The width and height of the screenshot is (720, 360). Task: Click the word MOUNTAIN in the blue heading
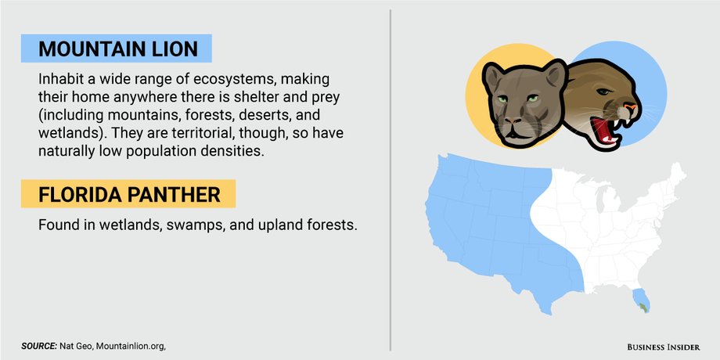(x=94, y=49)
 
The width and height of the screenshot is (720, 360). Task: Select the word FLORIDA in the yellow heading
(x=78, y=194)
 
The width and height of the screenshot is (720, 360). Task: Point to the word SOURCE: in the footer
(x=39, y=346)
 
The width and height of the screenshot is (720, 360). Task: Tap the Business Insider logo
(x=664, y=347)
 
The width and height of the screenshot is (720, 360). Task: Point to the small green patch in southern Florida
(x=644, y=306)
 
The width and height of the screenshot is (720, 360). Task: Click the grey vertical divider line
(x=391, y=180)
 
